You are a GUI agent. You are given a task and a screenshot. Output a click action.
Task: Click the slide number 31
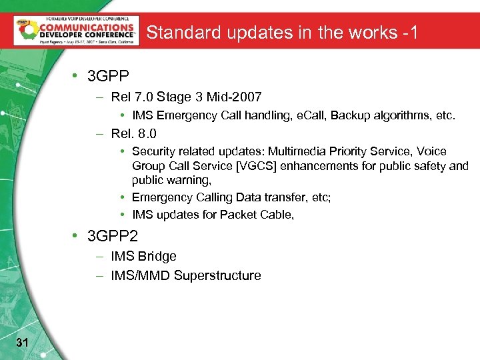coord(21,343)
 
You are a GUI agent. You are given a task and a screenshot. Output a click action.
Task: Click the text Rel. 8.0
coord(134,133)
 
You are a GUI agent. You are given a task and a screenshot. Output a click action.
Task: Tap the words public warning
coord(171,180)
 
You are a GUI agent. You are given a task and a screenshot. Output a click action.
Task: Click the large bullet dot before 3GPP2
coord(78,235)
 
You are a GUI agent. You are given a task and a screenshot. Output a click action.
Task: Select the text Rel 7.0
coord(131,97)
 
